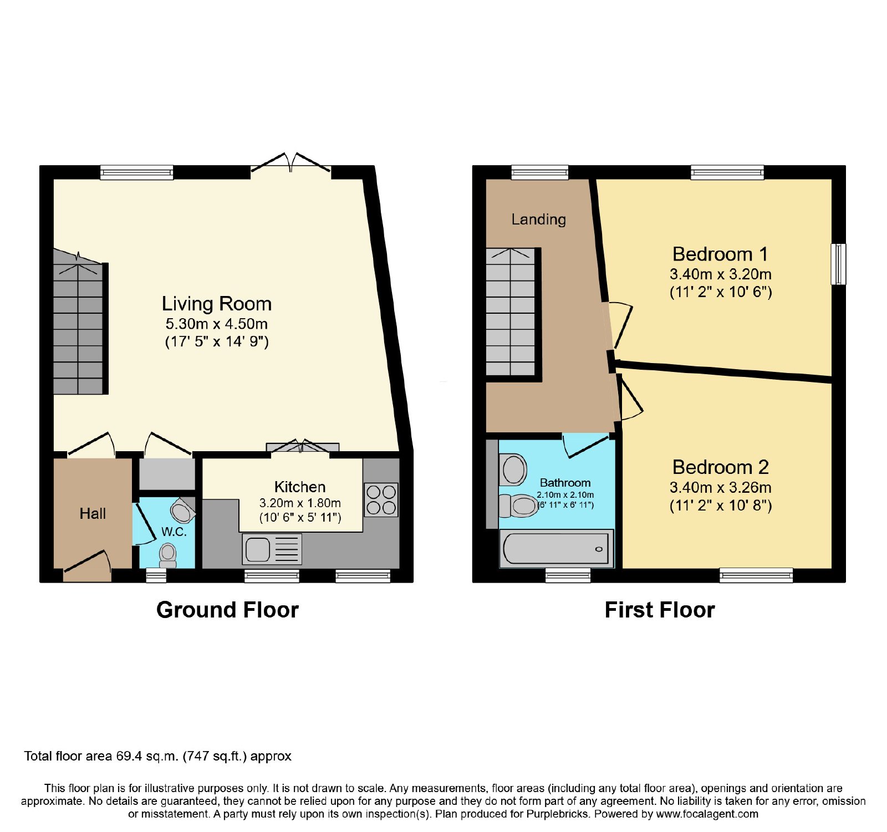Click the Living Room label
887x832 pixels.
click(217, 304)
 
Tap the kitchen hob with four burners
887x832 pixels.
click(381, 499)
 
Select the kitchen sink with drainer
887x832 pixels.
click(272, 549)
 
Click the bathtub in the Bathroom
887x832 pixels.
click(557, 548)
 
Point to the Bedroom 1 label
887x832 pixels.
click(720, 254)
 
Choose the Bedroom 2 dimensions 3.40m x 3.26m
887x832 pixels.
click(720, 488)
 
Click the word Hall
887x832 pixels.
click(93, 514)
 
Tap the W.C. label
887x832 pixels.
click(174, 532)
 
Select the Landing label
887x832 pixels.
click(539, 220)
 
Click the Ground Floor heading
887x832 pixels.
click(227, 610)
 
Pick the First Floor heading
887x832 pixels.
click(660, 610)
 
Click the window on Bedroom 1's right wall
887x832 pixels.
click(839, 264)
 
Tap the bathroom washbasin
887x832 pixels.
click(513, 469)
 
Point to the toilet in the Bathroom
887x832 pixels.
click(519, 506)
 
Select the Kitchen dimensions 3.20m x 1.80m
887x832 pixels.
click(300, 503)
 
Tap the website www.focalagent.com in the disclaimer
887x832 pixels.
click(707, 814)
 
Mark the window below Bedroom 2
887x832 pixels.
click(756, 575)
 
